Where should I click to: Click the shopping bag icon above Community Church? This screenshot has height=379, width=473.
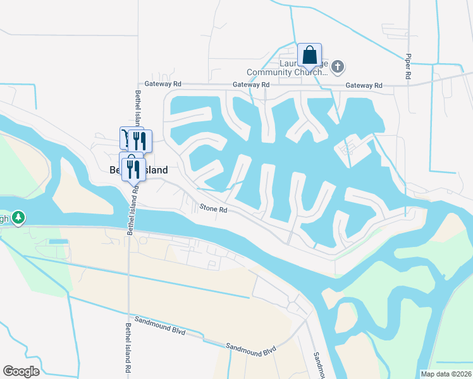coord(309,55)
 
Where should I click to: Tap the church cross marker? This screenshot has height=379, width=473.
coord(338,66)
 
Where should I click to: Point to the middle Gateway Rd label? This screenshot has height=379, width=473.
coord(251,85)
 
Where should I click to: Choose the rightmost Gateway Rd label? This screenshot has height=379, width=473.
coord(364,85)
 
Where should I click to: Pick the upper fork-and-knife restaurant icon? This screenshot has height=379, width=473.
coord(140,140)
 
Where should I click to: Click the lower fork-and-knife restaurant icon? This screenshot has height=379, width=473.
coord(133,167)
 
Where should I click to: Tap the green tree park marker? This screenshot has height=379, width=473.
coord(19,218)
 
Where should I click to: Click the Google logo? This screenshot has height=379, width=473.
coord(22,371)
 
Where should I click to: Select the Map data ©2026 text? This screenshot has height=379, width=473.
coord(446,374)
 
